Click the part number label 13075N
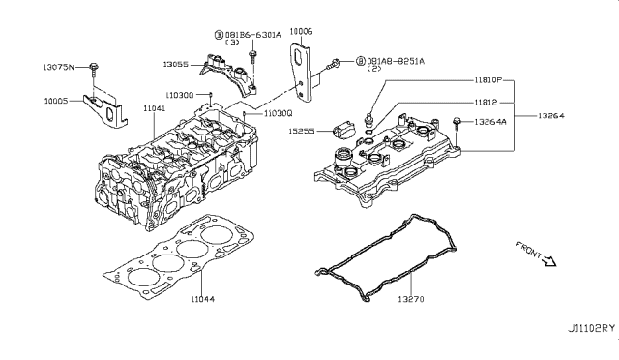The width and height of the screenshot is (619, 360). [x=62, y=67]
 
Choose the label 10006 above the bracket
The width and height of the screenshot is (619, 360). [x=301, y=32]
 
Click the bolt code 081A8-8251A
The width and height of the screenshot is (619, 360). [x=396, y=61]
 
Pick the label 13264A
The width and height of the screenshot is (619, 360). [x=490, y=122]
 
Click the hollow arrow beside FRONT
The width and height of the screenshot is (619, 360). [x=551, y=260]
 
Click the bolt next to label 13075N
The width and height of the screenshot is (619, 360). [x=94, y=69]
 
